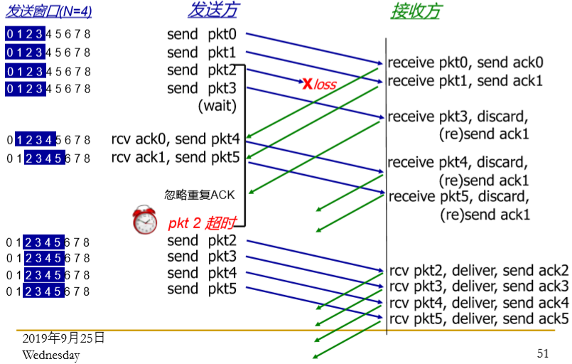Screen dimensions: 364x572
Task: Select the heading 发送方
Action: click(212, 11)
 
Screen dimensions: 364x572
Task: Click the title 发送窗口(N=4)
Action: click(49, 11)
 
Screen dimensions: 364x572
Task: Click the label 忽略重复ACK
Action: click(200, 194)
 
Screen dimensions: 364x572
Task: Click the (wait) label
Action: click(216, 106)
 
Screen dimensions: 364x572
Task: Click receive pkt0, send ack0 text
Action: click(465, 62)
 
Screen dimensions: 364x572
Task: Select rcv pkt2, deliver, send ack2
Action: click(480, 270)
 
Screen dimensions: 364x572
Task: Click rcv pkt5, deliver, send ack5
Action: click(480, 318)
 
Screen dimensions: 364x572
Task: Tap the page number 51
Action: click(543, 353)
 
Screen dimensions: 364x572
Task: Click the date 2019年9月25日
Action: click(63, 338)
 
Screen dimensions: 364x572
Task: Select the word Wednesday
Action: click(50, 355)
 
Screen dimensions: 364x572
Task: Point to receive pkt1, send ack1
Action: click(465, 80)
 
